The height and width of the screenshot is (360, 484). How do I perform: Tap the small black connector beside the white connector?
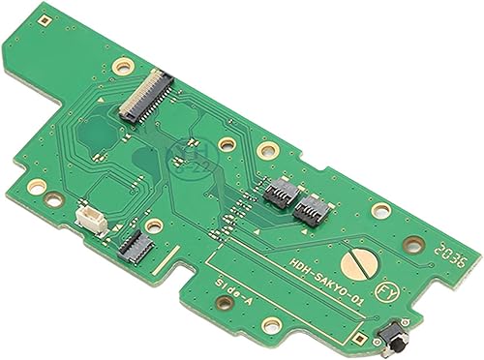click(128, 244)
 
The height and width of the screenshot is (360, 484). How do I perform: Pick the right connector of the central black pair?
click(312, 205)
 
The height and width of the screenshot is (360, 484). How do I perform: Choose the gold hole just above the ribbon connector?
click(122, 66)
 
